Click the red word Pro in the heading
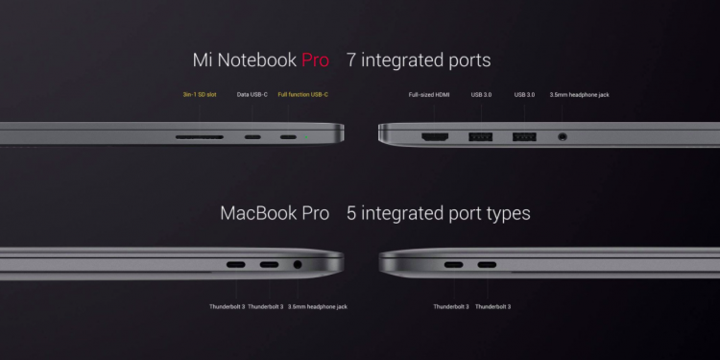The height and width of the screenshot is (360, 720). click(315, 60)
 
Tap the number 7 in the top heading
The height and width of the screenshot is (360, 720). click(350, 60)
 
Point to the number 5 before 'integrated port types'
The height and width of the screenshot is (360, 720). click(351, 213)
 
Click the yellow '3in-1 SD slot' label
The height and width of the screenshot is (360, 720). click(200, 95)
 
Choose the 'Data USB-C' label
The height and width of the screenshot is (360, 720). click(252, 95)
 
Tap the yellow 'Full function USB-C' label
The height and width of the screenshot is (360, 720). click(303, 95)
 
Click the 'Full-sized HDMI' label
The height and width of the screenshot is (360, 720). click(429, 95)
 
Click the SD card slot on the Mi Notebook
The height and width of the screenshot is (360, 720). click(200, 137)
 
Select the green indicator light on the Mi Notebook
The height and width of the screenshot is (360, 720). click(306, 137)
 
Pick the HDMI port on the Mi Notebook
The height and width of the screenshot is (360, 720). click(435, 137)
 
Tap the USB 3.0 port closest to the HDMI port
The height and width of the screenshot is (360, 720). click(480, 137)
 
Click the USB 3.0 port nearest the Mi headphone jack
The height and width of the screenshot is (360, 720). click(524, 137)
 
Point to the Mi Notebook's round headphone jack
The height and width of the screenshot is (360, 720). click(562, 137)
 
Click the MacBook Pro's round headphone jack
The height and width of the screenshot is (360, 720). click(298, 265)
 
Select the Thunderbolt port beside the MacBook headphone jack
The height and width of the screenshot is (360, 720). click(269, 265)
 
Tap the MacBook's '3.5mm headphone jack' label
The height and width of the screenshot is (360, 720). click(318, 306)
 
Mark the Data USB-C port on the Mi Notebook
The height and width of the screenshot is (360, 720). click(252, 137)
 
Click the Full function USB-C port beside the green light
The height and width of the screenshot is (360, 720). click(288, 137)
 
